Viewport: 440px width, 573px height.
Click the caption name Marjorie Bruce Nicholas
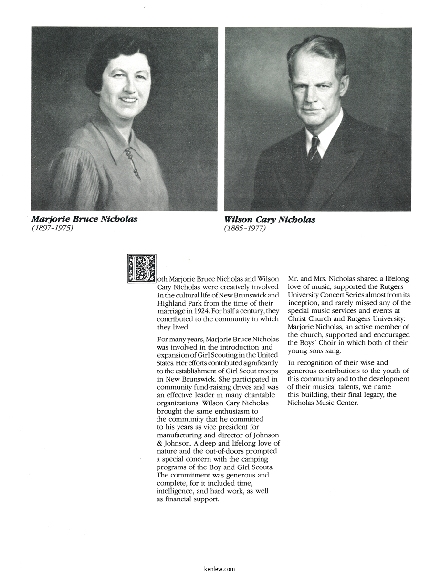click(x=84, y=219)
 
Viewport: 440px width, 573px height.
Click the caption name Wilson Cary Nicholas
click(x=270, y=220)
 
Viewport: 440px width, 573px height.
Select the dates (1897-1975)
click(x=52, y=228)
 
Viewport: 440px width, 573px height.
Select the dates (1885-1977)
click(x=245, y=228)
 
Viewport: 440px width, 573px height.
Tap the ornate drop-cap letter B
click(x=141, y=269)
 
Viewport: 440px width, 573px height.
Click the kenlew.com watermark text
click(x=219, y=569)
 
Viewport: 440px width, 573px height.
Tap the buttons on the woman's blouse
click(x=132, y=162)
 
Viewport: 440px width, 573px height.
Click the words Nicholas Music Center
click(x=323, y=403)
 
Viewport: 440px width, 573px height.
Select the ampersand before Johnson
click(x=160, y=443)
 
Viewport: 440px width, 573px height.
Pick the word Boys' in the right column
click(x=329, y=343)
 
